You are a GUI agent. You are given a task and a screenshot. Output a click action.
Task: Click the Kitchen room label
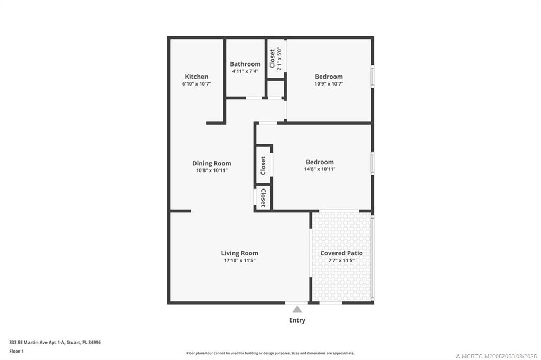(197, 77)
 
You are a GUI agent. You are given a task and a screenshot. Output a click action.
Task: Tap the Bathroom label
(245, 64)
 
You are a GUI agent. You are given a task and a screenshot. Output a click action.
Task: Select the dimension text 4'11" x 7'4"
(245, 71)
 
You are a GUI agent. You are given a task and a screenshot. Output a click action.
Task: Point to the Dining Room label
(212, 163)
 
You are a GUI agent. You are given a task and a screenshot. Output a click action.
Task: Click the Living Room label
(240, 253)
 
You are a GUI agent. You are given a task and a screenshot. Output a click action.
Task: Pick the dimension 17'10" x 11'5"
(240, 260)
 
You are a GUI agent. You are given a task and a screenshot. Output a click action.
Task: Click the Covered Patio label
(341, 253)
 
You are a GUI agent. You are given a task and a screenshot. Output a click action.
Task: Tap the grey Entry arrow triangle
(297, 309)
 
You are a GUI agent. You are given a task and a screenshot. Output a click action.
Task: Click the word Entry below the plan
(297, 320)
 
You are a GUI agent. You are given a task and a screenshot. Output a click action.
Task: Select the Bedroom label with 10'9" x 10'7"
(329, 77)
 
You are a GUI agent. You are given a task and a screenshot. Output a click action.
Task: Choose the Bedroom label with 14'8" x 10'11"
(320, 162)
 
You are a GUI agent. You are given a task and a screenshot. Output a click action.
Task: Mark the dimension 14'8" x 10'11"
(320, 169)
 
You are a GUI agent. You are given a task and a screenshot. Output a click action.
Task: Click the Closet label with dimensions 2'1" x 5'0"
(273, 59)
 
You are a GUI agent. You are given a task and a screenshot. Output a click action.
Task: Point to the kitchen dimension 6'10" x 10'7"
(197, 83)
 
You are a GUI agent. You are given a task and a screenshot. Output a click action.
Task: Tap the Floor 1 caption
(17, 351)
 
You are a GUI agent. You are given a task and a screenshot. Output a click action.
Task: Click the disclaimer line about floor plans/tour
(270, 353)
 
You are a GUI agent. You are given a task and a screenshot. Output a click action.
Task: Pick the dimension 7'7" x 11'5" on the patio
(341, 260)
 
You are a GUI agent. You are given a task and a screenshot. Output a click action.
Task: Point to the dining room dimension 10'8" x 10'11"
(212, 170)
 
